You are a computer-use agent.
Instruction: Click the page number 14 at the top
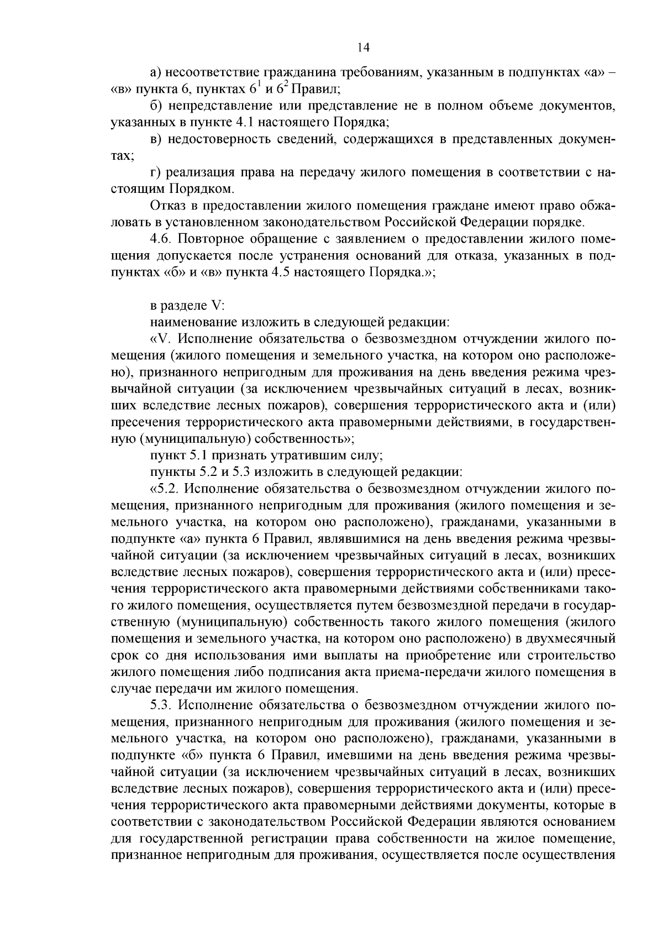click(363, 48)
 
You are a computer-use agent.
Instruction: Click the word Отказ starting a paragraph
click(167, 206)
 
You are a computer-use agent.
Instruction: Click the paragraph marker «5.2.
click(163, 489)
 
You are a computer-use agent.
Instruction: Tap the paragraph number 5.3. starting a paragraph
click(161, 706)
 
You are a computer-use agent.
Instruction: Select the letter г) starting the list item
click(155, 172)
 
